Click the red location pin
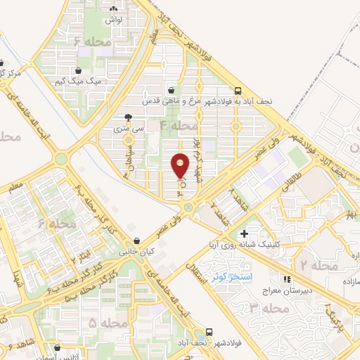pyautogui.click(x=181, y=165)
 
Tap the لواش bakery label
pyautogui.click(x=114, y=20)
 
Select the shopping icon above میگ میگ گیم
pyautogui.click(x=78, y=71)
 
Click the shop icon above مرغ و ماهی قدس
pyautogui.click(x=172, y=91)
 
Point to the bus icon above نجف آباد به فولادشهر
pyautogui.click(x=238, y=91)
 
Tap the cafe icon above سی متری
pyautogui.click(x=127, y=117)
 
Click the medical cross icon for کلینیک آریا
pyautogui.click(x=245, y=234)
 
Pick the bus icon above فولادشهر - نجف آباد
pyautogui.click(x=209, y=332)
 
